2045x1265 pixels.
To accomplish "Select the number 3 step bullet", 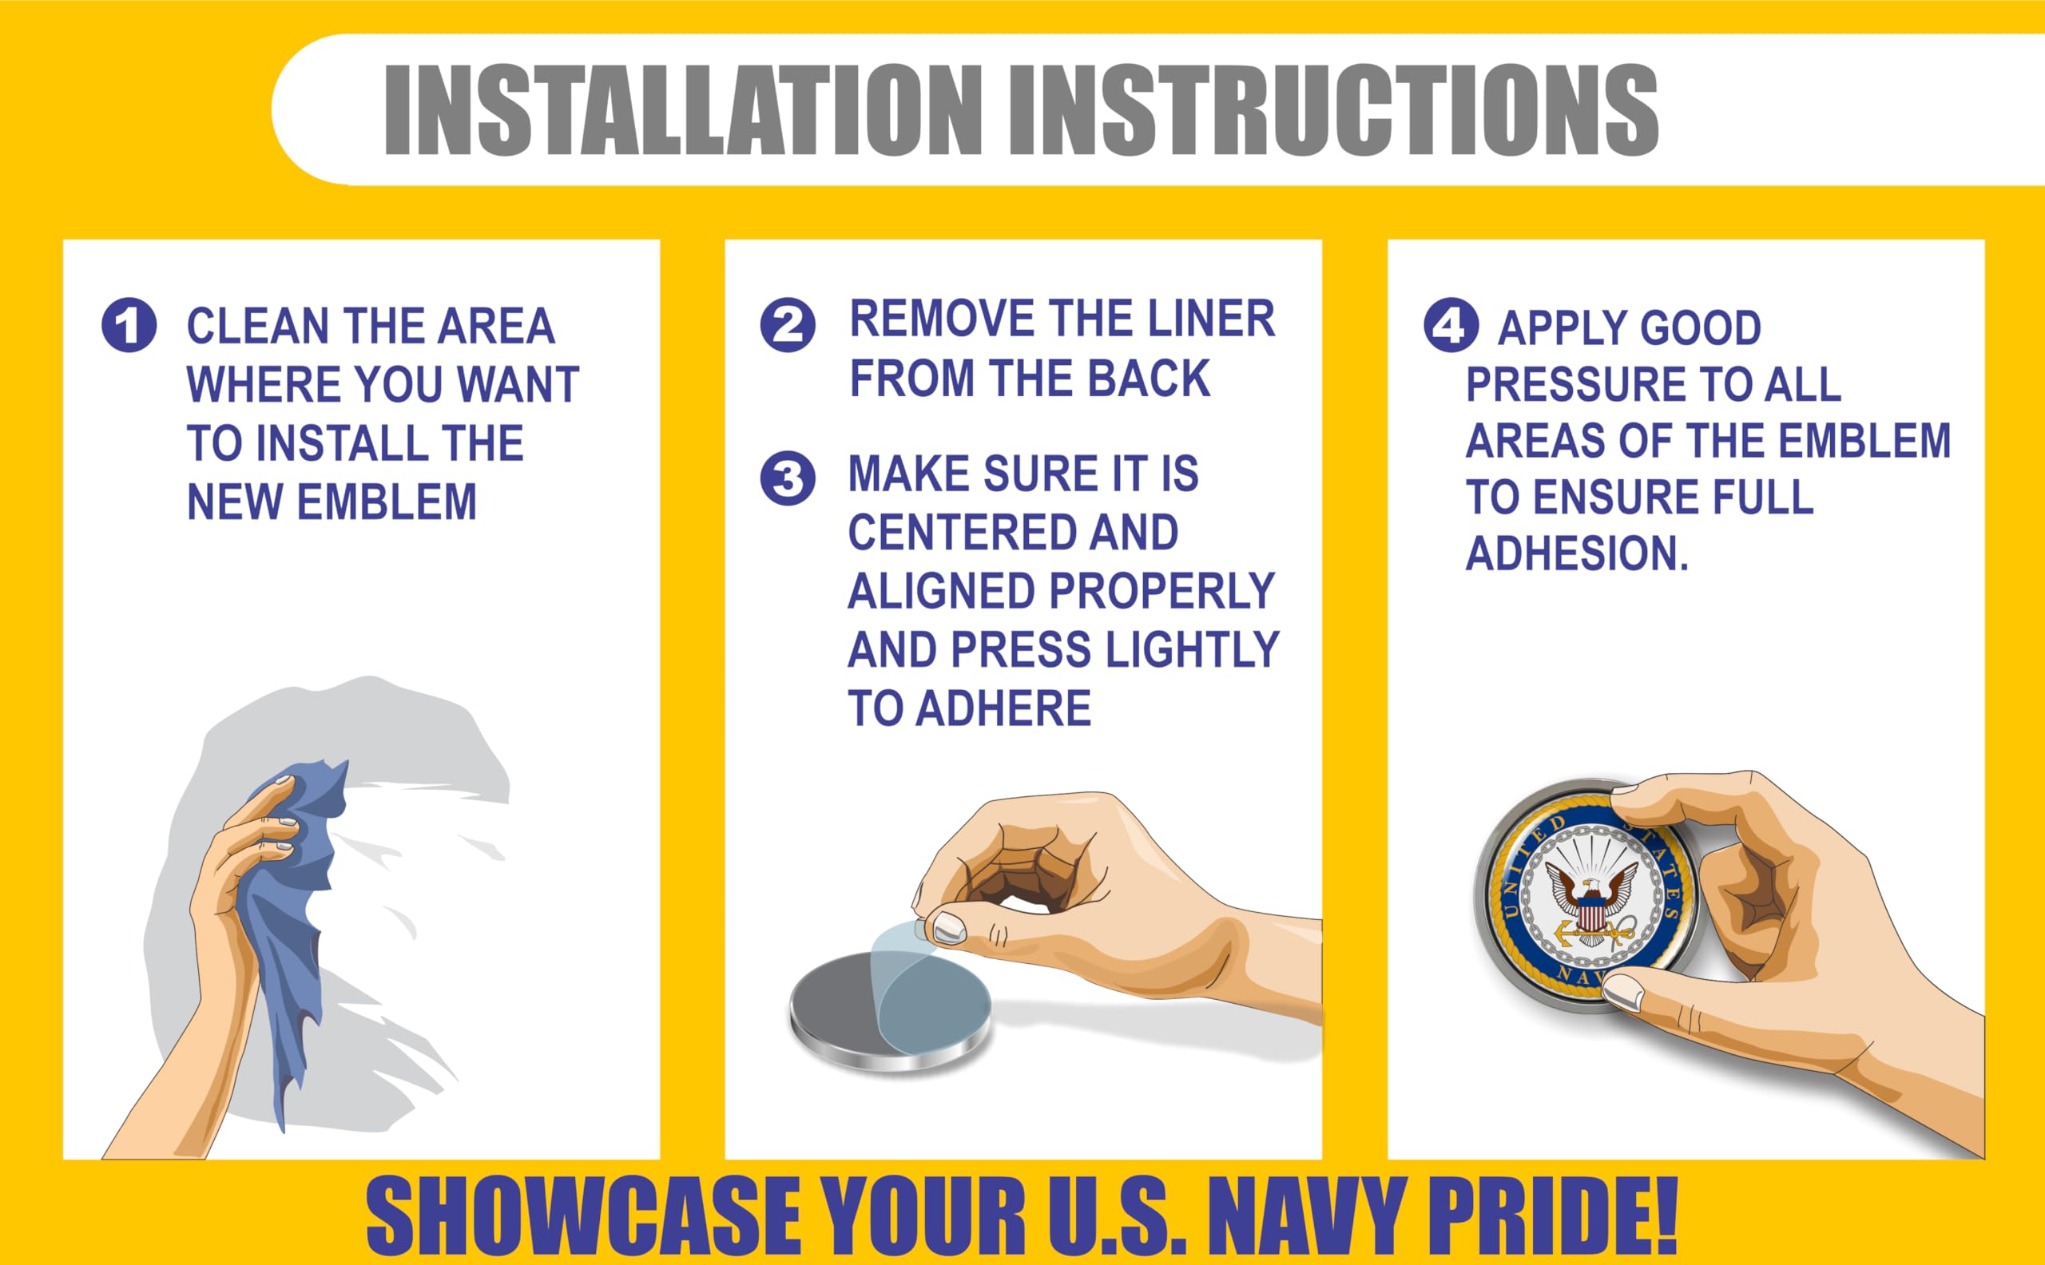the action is tap(788, 478).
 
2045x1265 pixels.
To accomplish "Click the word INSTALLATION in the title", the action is tap(683, 109).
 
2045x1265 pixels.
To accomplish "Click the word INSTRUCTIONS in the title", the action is tap(1334, 109).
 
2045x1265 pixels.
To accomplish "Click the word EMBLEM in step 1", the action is tap(387, 502).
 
